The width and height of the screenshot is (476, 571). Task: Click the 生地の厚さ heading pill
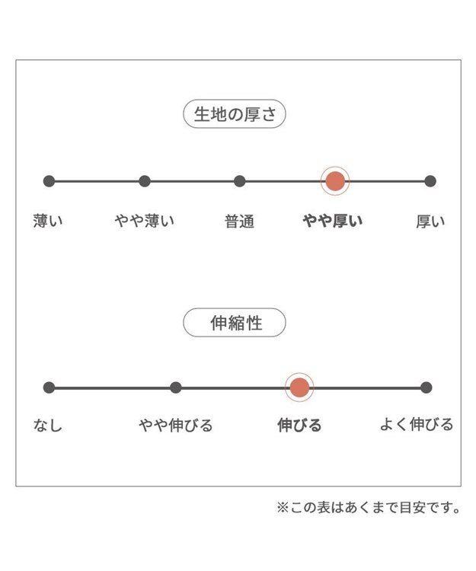[234, 114]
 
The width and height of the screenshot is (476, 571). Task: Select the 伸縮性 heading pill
[234, 323]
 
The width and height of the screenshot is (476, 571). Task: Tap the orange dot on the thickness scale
[335, 181]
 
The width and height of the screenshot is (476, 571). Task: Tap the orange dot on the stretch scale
[299, 388]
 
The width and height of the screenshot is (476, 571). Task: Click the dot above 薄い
[50, 181]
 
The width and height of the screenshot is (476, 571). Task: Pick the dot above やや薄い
[145, 181]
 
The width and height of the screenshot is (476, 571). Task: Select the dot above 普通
[240, 181]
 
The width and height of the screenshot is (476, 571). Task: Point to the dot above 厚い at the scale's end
[430, 181]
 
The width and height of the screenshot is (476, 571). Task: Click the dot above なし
[50, 388]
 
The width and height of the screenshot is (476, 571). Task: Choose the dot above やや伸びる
[175, 388]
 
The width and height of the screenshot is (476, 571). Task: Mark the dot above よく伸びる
[426, 388]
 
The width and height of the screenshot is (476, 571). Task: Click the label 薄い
[48, 221]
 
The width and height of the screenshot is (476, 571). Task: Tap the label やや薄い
[145, 221]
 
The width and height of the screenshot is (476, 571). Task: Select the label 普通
[239, 222]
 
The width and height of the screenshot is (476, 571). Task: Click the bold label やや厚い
[333, 221]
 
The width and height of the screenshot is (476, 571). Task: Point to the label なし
[48, 425]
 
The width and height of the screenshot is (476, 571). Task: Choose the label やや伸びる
[175, 425]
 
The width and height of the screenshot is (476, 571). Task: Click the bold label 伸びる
[299, 425]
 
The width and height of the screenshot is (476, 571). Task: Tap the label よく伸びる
[417, 424]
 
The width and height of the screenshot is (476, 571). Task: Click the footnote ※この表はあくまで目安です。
[369, 507]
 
